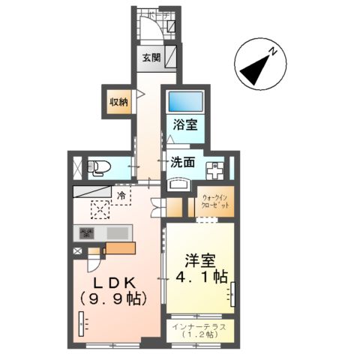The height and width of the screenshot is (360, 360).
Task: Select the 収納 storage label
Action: tap(118, 102)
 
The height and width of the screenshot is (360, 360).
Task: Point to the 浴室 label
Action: tap(186, 125)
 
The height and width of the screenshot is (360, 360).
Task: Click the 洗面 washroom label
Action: tap(182, 160)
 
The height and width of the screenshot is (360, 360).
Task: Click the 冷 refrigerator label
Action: tap(121, 195)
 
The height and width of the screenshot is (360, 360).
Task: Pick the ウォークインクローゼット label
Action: tap(217, 203)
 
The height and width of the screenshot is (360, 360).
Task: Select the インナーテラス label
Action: tap(199, 326)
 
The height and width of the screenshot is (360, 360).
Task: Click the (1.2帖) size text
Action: tap(199, 335)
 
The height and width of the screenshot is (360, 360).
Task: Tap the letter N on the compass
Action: tap(274, 53)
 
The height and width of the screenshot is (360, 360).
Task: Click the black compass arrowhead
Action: tap(251, 73)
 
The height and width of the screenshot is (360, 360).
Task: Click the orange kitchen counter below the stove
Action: tap(119, 248)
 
